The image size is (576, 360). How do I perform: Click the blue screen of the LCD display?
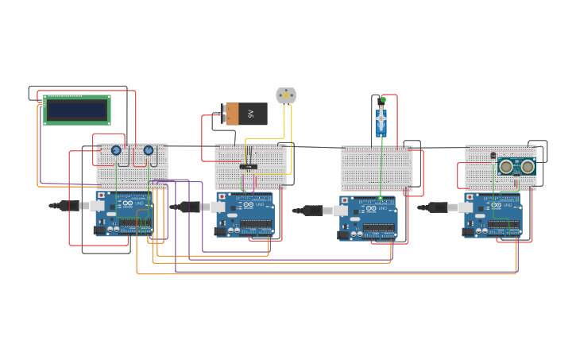click(76, 110)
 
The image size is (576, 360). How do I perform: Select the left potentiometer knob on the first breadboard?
click(116, 150)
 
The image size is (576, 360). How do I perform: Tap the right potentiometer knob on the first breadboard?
click(149, 150)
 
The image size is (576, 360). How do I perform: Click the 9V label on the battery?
click(251, 114)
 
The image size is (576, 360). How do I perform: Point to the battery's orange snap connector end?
click(232, 114)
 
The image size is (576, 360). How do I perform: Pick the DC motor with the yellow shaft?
click(286, 95)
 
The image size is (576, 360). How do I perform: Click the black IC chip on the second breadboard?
click(248, 167)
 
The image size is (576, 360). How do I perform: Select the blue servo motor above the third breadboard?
click(381, 122)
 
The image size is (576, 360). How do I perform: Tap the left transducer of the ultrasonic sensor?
click(506, 167)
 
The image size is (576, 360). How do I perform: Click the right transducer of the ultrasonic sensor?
click(528, 167)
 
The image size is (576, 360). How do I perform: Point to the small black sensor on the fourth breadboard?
click(493, 156)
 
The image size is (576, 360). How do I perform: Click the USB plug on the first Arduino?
click(72, 206)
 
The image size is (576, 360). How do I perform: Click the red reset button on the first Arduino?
click(101, 195)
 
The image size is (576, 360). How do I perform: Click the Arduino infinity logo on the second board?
click(247, 205)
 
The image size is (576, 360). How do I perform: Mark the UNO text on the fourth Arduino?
click(507, 205)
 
